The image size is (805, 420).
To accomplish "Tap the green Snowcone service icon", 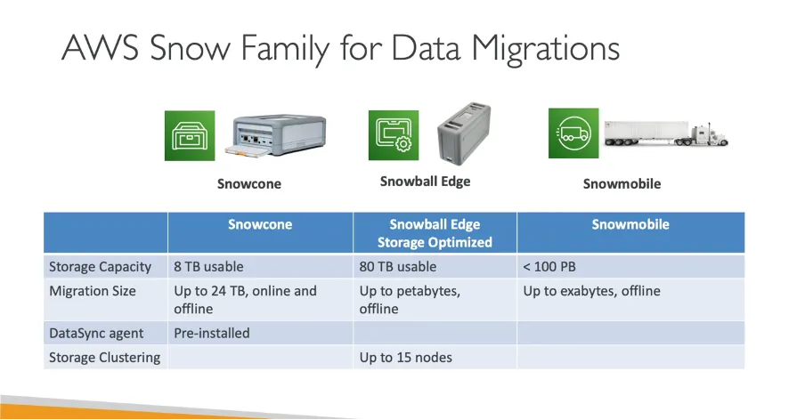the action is click(190, 135).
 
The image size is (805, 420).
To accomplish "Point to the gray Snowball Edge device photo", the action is click(464, 133).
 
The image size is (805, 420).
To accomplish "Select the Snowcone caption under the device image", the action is click(249, 184).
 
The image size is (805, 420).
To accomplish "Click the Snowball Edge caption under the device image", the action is click(425, 182).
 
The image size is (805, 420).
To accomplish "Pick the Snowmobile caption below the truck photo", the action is click(622, 184).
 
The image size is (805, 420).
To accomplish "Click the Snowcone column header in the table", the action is click(259, 225).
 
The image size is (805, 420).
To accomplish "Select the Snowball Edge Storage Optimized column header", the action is click(435, 233).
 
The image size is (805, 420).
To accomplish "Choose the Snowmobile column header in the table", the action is click(630, 225).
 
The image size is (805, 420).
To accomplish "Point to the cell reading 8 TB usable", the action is click(208, 266).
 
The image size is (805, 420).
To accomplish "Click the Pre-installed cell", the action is click(212, 333).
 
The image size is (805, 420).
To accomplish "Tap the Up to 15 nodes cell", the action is click(405, 358).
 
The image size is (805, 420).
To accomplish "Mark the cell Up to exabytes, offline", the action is click(591, 291).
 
